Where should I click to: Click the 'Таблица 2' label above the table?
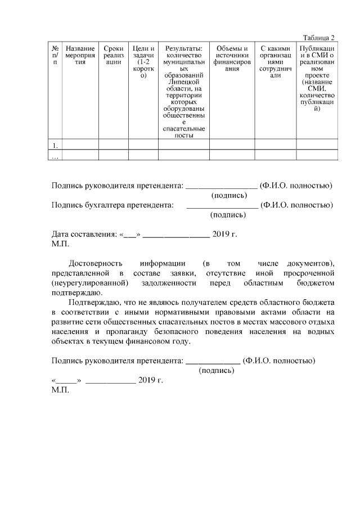318,38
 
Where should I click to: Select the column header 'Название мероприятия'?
80,56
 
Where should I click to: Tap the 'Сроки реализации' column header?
114,56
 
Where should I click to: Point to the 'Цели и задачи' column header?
143,62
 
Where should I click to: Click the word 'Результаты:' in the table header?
183,49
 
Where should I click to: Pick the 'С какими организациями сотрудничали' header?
275,62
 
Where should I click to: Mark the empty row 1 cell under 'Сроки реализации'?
114,145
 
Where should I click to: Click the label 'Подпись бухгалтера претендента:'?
112,205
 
